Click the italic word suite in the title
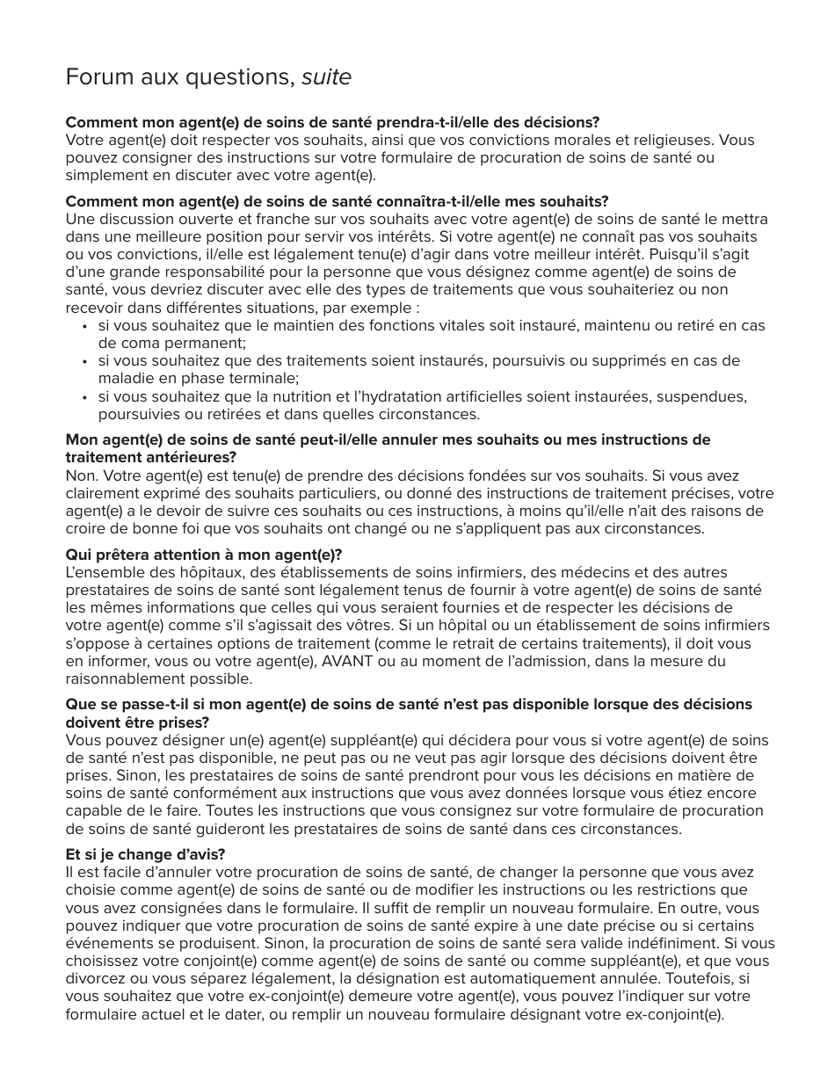[326, 78]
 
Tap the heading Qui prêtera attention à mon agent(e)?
[204, 555]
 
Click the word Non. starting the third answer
[82, 475]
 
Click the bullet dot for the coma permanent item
[84, 326]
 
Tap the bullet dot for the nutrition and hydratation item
[84, 397]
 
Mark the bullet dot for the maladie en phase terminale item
[84, 361]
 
